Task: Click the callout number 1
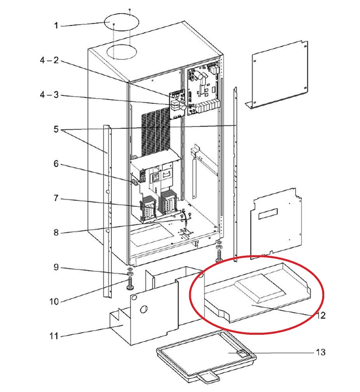56,25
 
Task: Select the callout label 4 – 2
49,60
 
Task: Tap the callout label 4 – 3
49,95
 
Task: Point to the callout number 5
56,130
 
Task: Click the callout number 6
56,164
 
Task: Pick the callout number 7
56,198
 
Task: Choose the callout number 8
56,232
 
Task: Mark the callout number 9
56,267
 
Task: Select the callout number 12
321,316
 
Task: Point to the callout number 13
321,352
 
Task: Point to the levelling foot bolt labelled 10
129,283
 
